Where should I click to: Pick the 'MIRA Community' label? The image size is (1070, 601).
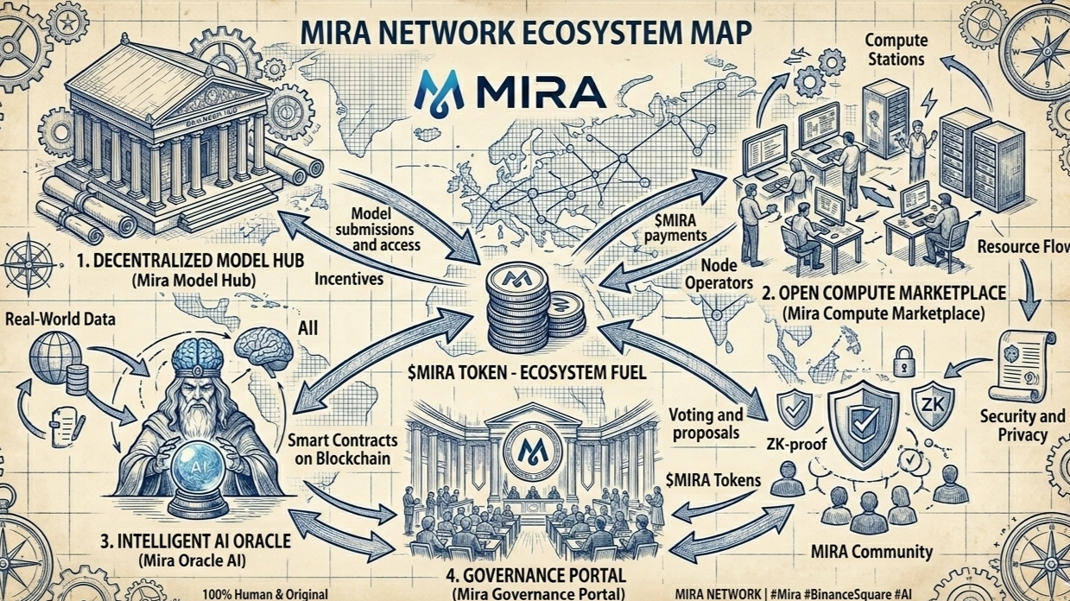(873, 551)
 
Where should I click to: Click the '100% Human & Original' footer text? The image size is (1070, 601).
(265, 594)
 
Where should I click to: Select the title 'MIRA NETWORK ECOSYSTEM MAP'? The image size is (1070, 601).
(527, 32)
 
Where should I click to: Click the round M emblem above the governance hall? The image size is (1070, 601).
(528, 447)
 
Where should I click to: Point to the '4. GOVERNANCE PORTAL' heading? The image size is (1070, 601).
(538, 574)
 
